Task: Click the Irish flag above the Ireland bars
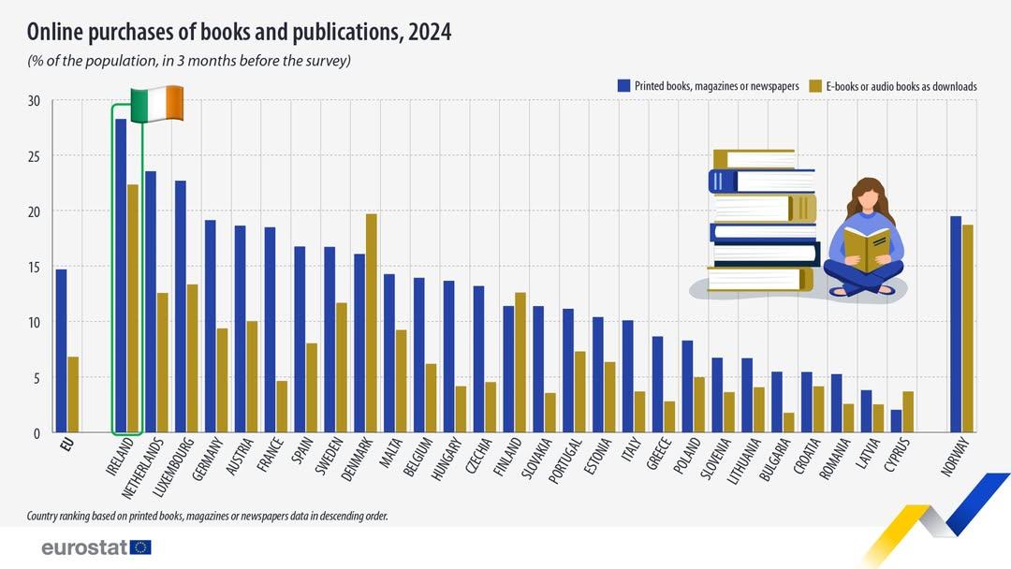coord(156,104)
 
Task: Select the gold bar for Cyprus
coord(908,412)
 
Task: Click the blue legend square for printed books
coord(623,86)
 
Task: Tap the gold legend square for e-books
coord(815,86)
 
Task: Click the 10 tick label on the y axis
coord(35,322)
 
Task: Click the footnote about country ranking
coord(208,516)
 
